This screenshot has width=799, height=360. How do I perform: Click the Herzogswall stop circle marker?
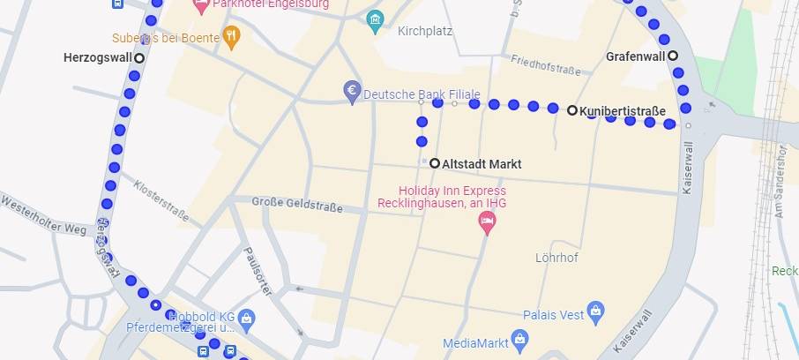(138, 57)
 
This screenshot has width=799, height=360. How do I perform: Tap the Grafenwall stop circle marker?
(673, 56)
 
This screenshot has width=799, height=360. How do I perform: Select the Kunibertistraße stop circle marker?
(572, 110)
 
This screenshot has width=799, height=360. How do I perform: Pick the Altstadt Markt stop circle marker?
(435, 163)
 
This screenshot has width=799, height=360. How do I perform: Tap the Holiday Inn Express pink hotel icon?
(487, 222)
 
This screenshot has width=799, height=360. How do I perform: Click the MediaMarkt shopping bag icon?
(520, 338)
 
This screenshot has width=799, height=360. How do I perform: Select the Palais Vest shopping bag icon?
(597, 311)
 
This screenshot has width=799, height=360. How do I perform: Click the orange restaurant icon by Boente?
(231, 36)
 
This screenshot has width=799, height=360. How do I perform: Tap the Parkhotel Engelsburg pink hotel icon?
(200, 5)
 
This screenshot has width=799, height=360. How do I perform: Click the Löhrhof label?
(556, 259)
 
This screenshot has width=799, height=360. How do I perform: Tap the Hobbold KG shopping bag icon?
(247, 317)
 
